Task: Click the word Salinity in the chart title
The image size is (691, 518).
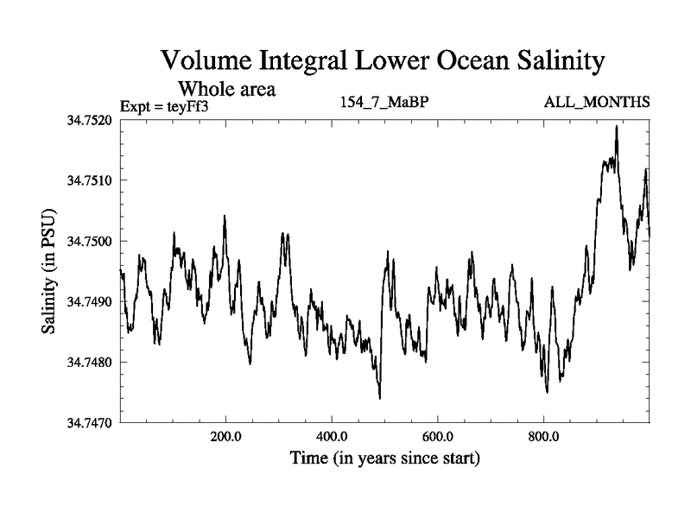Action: pos(557,62)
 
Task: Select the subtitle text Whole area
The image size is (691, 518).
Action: pos(226,88)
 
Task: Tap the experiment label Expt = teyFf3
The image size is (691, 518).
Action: pos(166,105)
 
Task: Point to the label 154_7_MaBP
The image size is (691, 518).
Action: pos(385,103)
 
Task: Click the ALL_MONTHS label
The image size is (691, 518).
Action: pos(597,103)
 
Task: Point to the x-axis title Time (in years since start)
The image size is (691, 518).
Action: pos(384,458)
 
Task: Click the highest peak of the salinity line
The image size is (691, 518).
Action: pos(617,126)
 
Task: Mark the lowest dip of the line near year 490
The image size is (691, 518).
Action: pos(380,398)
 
